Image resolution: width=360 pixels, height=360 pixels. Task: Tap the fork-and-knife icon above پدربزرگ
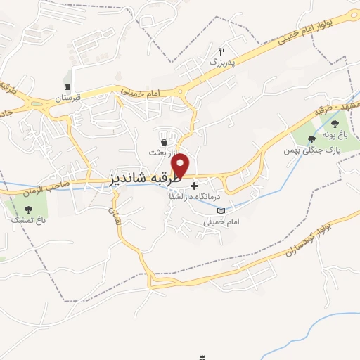click(x=222, y=51)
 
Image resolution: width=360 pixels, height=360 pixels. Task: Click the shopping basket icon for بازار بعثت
click(x=164, y=143)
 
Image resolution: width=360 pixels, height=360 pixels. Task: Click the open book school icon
click(x=221, y=210)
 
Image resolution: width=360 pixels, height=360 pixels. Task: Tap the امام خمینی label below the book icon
click(x=217, y=221)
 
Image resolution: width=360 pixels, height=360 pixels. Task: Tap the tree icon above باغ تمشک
click(x=28, y=209)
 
